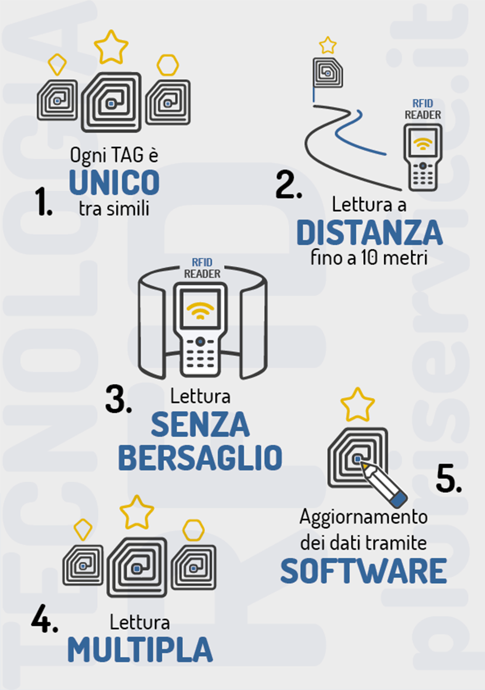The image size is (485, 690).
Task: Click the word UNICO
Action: click(x=114, y=182)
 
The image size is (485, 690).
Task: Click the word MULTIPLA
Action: click(x=140, y=650)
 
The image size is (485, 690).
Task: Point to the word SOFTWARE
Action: click(x=363, y=572)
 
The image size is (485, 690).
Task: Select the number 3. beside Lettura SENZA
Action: click(x=118, y=400)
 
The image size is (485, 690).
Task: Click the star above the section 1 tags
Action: click(x=111, y=46)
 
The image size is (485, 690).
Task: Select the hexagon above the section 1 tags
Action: click(x=168, y=65)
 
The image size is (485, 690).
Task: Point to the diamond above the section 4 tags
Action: click(x=82, y=529)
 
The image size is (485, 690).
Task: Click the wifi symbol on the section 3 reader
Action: click(x=200, y=310)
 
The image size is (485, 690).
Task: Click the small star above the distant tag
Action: click(x=328, y=45)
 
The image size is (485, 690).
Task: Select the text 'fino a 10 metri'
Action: click(x=369, y=258)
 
